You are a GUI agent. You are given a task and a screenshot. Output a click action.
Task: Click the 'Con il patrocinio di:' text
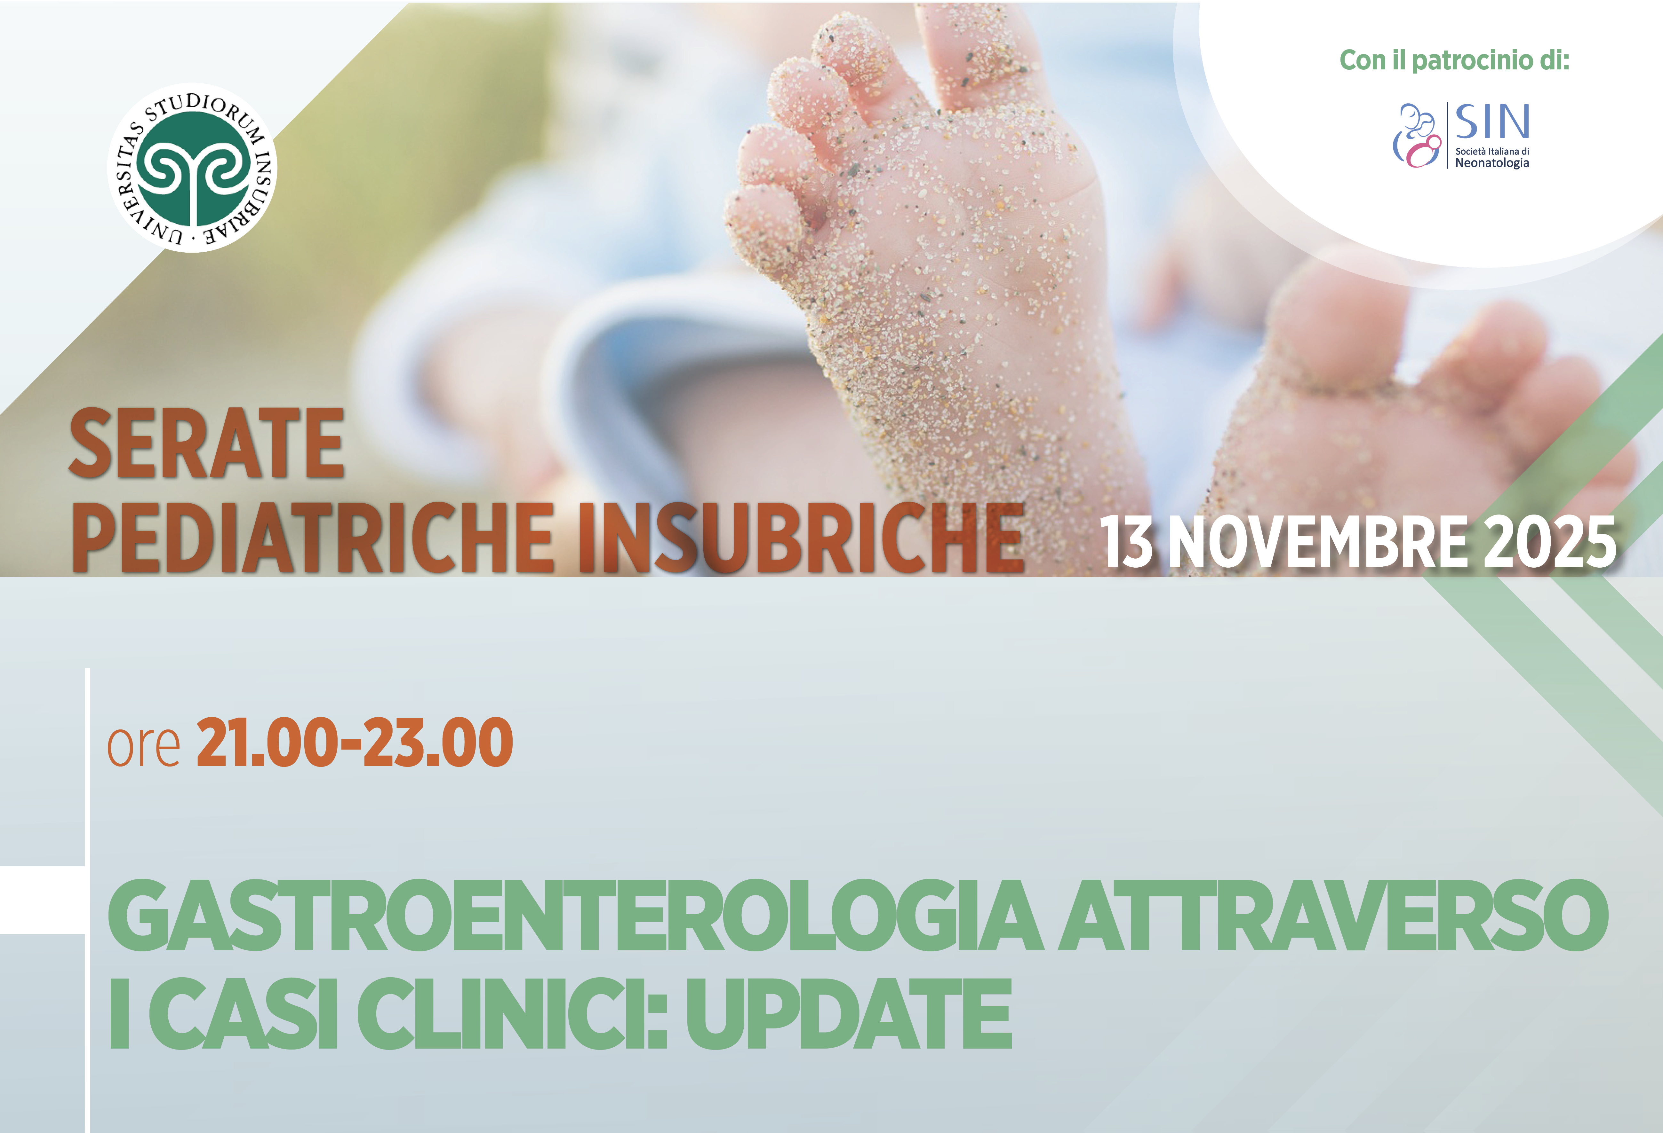1454,60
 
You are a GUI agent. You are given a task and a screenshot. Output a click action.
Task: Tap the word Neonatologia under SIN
1492,163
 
